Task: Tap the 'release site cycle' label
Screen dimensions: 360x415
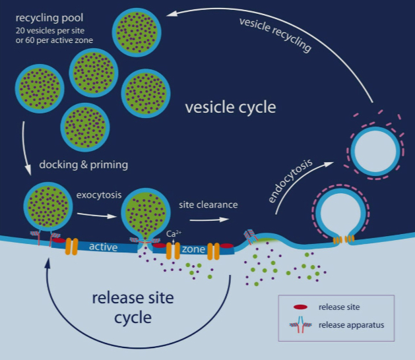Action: point(133,308)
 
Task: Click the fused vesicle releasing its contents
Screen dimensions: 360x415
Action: point(145,214)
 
